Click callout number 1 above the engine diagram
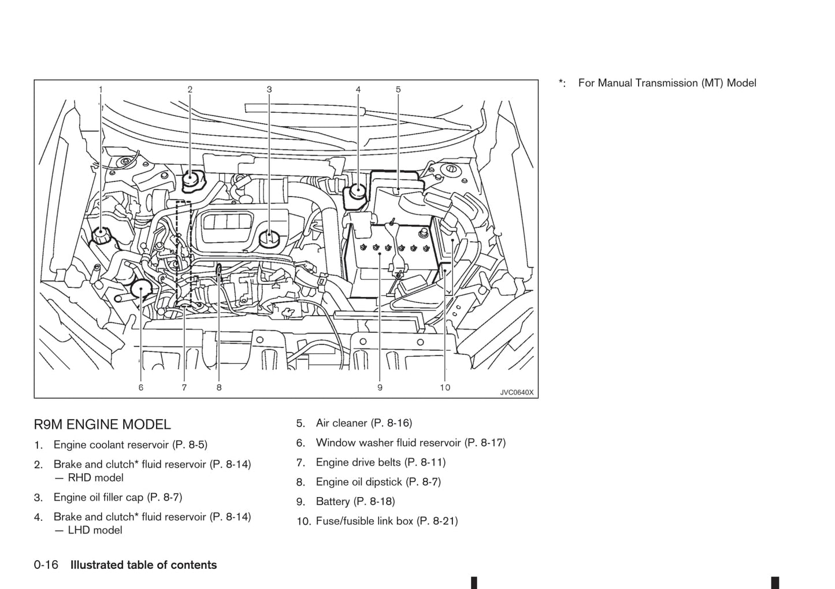pos(101,90)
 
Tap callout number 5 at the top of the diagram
pos(398,90)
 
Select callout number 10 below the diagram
pos(445,388)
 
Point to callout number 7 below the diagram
pos(184,388)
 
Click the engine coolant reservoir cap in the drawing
pos(100,235)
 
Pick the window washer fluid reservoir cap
pos(141,290)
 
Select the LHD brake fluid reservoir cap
pos(358,191)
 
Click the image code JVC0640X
pos(517,392)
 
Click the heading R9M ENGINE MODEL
pos(102,425)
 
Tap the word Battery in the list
pos(333,502)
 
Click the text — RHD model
pos(89,478)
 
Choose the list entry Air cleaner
pos(342,423)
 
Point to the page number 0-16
pos(46,565)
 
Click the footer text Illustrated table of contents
pos(143,565)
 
